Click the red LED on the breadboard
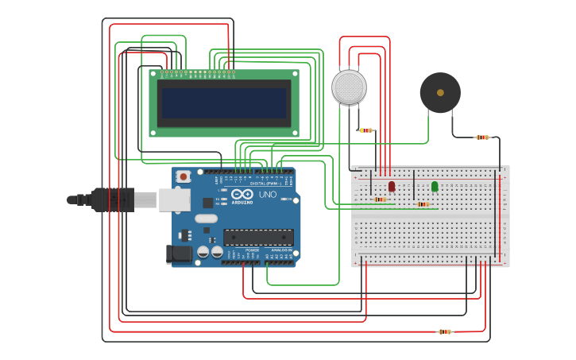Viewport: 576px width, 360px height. pos(392,186)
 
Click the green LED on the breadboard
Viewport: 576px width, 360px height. pos(435,186)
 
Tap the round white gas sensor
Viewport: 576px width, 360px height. pos(349,87)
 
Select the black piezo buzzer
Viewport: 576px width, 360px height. pos(440,93)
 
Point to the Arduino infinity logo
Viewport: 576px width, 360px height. pos(242,194)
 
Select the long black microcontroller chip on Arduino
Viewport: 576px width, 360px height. pos(257,237)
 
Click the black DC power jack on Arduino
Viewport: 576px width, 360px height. pos(180,254)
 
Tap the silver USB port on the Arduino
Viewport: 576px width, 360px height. pos(174,199)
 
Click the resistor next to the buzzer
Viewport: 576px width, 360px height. pos(482,137)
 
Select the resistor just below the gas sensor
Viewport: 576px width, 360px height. pos(365,130)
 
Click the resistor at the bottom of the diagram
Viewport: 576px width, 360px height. pos(445,331)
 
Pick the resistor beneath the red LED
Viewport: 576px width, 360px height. pos(381,199)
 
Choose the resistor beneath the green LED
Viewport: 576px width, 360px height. pos(423,204)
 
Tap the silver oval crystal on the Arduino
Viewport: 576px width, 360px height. pos(206,219)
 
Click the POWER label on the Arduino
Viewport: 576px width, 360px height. pos(252,250)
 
